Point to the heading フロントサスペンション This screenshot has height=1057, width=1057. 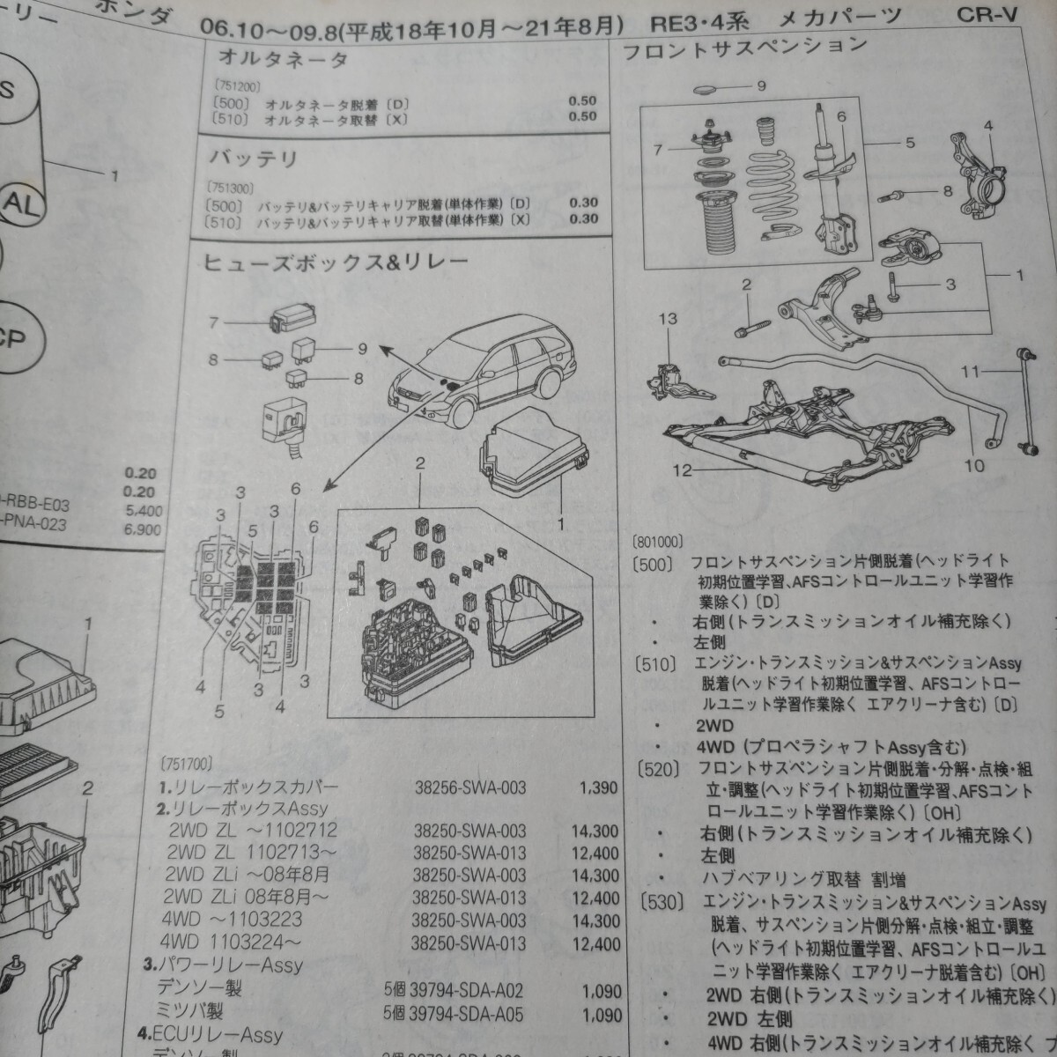click(744, 48)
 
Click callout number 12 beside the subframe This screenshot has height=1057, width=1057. click(684, 470)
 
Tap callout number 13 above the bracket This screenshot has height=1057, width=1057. click(669, 318)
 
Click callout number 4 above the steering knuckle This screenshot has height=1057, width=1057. click(988, 126)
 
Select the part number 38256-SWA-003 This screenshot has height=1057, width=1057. click(470, 787)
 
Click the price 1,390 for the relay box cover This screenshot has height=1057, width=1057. click(600, 787)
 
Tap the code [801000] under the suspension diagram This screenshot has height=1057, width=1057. click(658, 543)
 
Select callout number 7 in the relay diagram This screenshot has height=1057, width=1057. click(213, 323)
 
